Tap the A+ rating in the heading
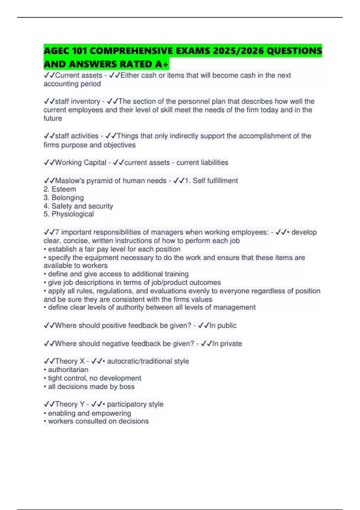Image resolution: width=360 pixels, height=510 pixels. (x=162, y=64)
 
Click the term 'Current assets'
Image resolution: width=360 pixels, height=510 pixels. (x=79, y=75)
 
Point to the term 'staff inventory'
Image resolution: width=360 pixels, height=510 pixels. (x=77, y=101)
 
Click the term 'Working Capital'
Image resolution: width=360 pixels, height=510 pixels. (x=80, y=163)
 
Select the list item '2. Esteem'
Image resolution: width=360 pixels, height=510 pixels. (x=60, y=189)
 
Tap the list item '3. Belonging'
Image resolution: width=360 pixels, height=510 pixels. (x=64, y=198)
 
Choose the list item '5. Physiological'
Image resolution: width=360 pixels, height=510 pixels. (x=69, y=214)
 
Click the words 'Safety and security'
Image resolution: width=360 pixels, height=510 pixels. (x=82, y=206)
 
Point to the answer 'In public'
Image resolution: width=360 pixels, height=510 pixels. (x=223, y=325)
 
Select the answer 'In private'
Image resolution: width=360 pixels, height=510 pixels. (x=227, y=343)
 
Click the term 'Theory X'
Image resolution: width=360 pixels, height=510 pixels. (x=70, y=361)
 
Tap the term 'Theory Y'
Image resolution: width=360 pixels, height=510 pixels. (x=70, y=404)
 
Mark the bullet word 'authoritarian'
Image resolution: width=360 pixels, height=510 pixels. (x=68, y=370)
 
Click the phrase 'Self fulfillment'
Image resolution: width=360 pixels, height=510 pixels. (x=215, y=181)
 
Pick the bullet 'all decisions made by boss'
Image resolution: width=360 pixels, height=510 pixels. (x=91, y=387)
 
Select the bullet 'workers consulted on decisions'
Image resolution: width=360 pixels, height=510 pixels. (x=98, y=421)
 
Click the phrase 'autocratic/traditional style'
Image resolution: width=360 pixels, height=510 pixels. (x=148, y=361)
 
